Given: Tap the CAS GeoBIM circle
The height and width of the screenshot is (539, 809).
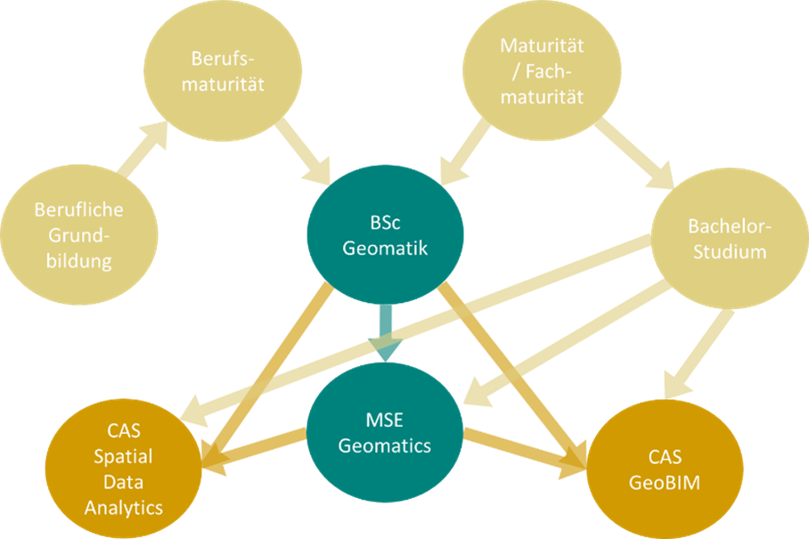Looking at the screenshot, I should pyautogui.click(x=665, y=469).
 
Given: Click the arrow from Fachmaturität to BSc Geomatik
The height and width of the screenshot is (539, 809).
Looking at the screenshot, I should pyautogui.click(x=467, y=151).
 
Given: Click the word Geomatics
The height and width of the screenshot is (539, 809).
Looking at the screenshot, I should pyautogui.click(x=385, y=445).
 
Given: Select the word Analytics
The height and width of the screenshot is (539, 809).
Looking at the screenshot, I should pyautogui.click(x=124, y=508).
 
